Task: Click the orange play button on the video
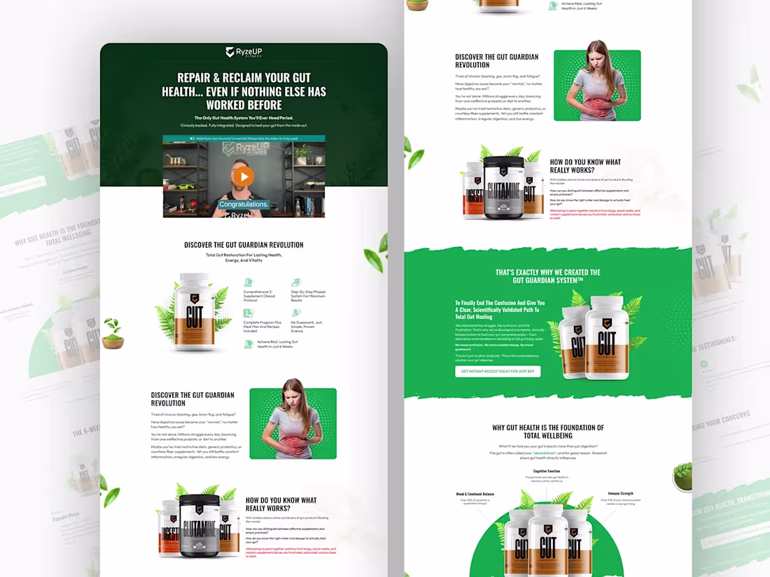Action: (244, 176)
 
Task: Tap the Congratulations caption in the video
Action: (244, 204)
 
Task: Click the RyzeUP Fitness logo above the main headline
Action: (244, 52)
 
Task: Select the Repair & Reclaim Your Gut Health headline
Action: (244, 91)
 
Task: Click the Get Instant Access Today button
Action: (498, 371)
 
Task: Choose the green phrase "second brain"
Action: (545, 453)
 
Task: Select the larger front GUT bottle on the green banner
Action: (608, 336)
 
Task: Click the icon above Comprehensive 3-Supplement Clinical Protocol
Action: (248, 283)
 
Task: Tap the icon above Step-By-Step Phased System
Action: (296, 283)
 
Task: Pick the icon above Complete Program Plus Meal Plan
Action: (248, 314)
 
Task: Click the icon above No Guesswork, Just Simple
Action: (296, 314)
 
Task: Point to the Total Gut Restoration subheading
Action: (244, 257)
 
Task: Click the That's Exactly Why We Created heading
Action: (547, 276)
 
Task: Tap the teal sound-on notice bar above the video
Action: (244, 139)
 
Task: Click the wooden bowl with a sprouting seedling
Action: (113, 336)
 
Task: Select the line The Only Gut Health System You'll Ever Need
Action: (244, 117)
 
